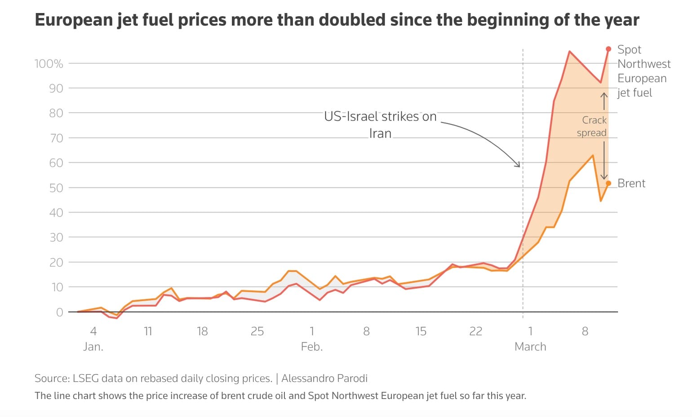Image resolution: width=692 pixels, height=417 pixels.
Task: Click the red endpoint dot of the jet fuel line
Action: (608, 49)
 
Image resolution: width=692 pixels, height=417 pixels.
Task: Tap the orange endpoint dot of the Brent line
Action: (608, 183)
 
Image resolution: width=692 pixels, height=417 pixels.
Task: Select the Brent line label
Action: (631, 183)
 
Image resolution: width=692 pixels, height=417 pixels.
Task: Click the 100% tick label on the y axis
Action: (49, 64)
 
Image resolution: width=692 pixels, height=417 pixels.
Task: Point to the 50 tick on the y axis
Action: (56, 188)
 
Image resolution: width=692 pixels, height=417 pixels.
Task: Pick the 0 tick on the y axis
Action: (59, 312)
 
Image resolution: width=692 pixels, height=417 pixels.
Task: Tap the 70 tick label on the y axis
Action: (56, 138)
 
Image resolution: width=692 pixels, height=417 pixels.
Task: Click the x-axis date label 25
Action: (257, 332)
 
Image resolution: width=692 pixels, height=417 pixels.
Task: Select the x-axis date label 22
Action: (475, 332)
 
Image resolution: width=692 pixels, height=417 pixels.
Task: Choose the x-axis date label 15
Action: (421, 332)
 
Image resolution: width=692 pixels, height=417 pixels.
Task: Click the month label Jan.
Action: (93, 347)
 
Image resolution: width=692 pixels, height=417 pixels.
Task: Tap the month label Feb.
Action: (312, 347)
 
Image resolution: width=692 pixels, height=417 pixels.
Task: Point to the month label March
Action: (530, 347)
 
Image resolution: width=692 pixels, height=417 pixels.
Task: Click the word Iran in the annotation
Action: (380, 133)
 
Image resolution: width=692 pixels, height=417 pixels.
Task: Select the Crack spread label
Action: (593, 126)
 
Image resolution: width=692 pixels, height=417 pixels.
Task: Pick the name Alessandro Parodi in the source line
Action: (324, 378)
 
